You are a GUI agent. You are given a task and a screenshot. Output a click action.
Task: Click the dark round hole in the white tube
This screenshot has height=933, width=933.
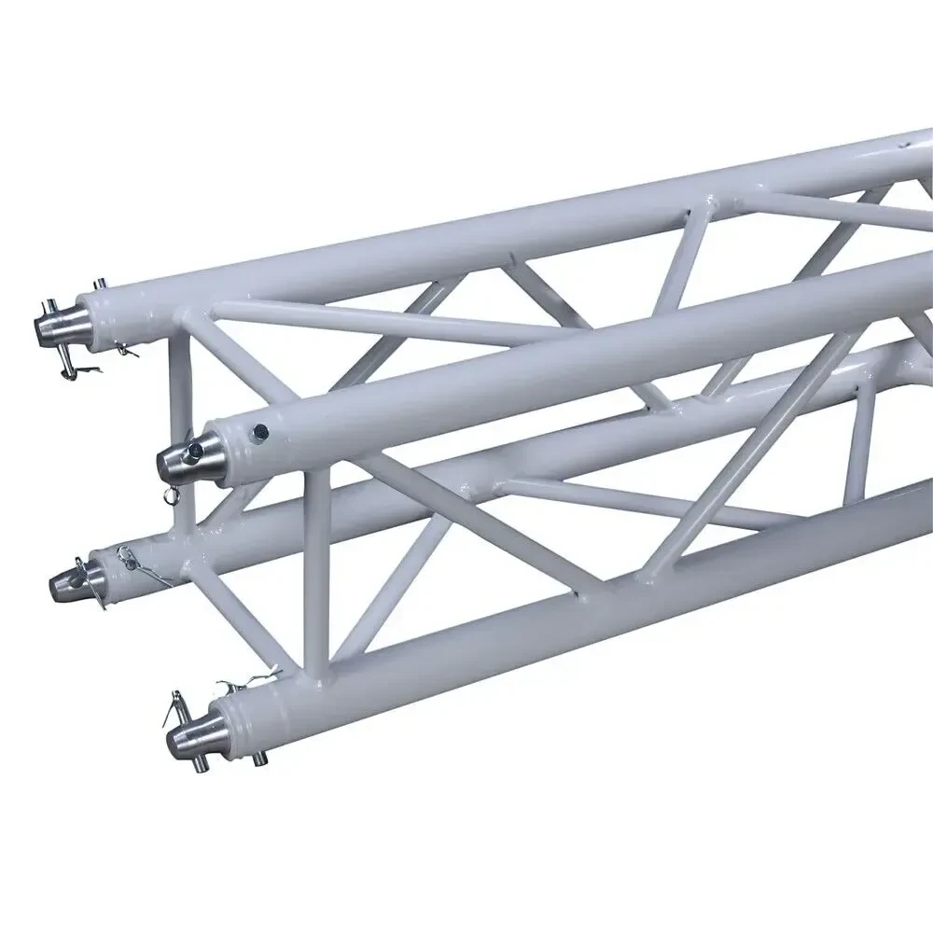262,430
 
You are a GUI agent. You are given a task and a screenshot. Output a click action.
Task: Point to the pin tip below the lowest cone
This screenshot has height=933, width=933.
198,765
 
